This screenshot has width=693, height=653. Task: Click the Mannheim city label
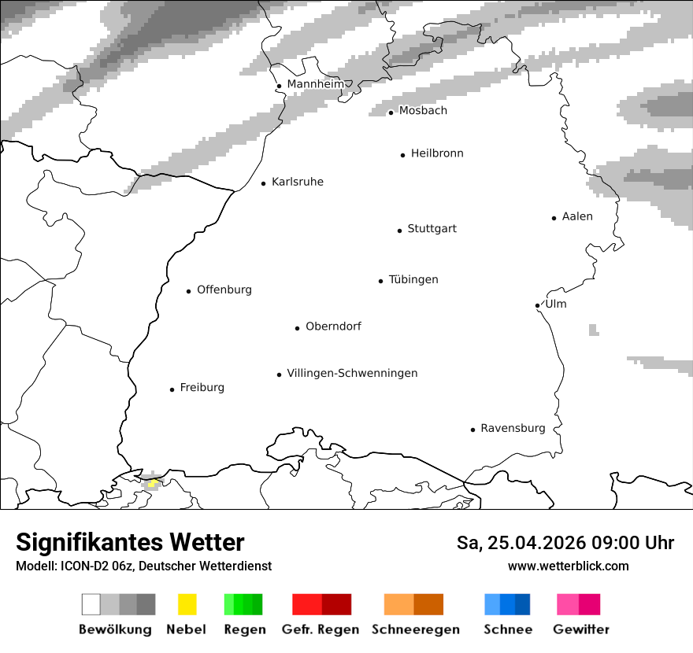pos(315,84)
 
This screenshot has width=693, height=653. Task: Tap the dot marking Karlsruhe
pos(264,183)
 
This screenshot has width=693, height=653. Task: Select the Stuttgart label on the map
pos(432,229)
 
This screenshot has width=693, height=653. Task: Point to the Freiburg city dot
pos(172,389)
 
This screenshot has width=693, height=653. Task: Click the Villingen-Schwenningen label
pos(352,373)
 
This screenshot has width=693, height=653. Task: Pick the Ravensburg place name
pos(513,428)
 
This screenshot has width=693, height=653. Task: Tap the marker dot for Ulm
pos(537,305)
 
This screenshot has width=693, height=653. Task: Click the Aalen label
pos(577,216)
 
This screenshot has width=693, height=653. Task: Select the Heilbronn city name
pos(437,153)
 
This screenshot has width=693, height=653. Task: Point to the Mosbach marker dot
pos(391,113)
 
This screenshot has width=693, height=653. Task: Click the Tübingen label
pos(413,279)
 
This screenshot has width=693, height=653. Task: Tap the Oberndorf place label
pos(333,326)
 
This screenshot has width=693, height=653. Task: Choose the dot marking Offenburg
pos(189,291)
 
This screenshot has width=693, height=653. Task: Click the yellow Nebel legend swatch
pos(187,604)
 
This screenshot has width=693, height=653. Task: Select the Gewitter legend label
pos(581,629)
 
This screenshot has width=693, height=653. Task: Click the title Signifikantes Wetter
pos(130,542)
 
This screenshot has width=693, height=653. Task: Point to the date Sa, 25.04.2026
pos(524,543)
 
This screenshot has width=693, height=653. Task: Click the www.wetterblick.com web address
pos(568,566)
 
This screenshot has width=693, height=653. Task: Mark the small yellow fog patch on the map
pos(153,482)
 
